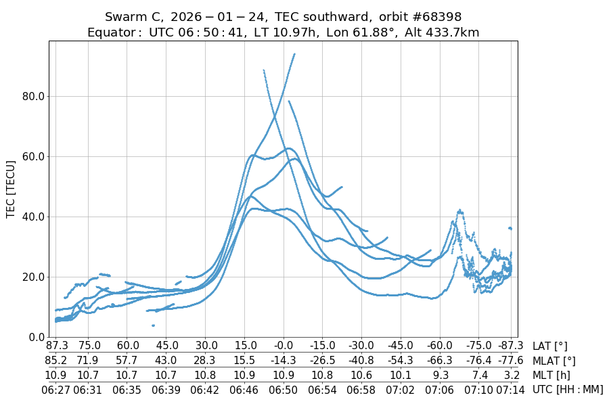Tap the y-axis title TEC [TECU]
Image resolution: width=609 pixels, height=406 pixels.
[x=11, y=189]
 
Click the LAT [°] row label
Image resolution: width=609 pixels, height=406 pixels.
[x=550, y=346]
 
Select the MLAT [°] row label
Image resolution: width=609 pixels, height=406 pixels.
[x=554, y=361]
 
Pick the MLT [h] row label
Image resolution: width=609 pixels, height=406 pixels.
[x=551, y=375]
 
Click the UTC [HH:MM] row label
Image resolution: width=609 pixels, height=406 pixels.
[x=567, y=389]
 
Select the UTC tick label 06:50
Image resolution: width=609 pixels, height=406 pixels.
[x=284, y=389]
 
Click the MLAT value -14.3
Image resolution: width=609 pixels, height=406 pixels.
[x=284, y=361]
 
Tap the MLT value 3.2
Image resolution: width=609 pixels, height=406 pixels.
[x=512, y=375]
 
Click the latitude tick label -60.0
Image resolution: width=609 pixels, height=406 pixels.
[x=440, y=346]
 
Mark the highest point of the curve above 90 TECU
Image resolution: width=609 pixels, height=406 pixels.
[x=294, y=54]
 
